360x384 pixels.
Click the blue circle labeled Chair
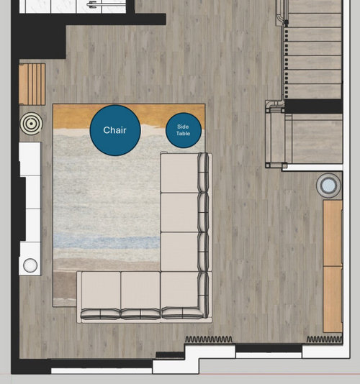click(115, 130)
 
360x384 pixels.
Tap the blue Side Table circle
click(184, 130)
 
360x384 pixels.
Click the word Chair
click(114, 130)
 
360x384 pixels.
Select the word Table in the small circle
click(183, 134)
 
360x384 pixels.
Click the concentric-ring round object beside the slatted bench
click(31, 124)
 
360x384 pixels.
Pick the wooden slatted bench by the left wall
click(32, 84)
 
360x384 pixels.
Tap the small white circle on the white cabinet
click(30, 265)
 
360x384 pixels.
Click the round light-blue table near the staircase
click(328, 185)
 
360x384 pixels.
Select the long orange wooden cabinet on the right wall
click(333, 266)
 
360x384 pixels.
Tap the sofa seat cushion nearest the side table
click(179, 173)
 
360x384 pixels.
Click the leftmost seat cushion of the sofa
click(101, 290)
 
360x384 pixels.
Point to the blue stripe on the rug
click(107, 241)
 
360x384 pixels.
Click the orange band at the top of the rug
click(129, 116)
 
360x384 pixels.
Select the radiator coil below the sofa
click(209, 339)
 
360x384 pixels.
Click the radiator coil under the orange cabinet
click(325, 339)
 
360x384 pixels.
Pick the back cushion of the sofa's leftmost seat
click(101, 314)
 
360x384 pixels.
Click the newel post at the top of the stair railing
click(286, 22)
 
